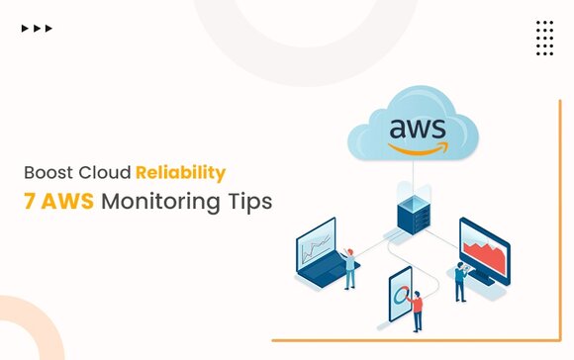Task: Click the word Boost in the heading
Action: pyautogui.click(x=48, y=173)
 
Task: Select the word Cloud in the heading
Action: pyautogui.click(x=105, y=173)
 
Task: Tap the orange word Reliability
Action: pyautogui.click(x=181, y=174)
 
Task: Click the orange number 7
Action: pyautogui.click(x=30, y=201)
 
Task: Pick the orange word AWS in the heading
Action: pyautogui.click(x=67, y=201)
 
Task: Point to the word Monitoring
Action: pyautogui.click(x=161, y=203)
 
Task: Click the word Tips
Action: pyautogui.click(x=250, y=203)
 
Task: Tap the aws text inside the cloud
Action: pyautogui.click(x=418, y=129)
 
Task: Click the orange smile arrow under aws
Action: pyautogui.click(x=419, y=148)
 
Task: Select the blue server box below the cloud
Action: pyautogui.click(x=414, y=215)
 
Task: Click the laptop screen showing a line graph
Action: pyautogui.click(x=316, y=244)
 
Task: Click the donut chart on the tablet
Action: pyautogui.click(x=401, y=296)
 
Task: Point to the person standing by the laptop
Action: pyautogui.click(x=349, y=268)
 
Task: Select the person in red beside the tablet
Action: pyautogui.click(x=417, y=311)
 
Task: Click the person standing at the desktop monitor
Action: pyautogui.click(x=460, y=282)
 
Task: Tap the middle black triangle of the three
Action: pyautogui.click(x=37, y=28)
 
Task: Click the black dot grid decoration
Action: pyautogui.click(x=544, y=38)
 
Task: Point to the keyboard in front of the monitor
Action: pyautogui.click(x=481, y=277)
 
